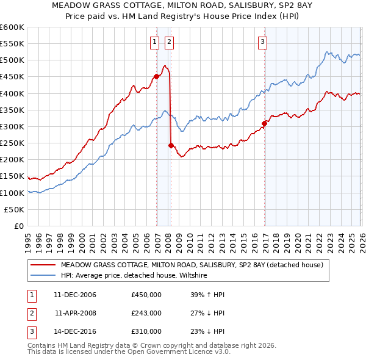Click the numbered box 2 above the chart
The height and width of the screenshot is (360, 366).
tap(168, 42)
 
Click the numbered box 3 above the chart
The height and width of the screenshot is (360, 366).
tap(262, 42)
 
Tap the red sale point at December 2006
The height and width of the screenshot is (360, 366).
tap(156, 76)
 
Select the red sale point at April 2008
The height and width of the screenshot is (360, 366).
tap(171, 145)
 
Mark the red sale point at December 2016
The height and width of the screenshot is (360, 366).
tap(265, 123)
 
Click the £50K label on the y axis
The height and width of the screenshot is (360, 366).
tap(15, 209)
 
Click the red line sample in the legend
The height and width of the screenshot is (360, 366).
tap(43, 265)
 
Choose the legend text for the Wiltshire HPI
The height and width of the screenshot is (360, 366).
tap(134, 275)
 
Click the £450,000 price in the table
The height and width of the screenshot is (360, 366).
tap(146, 295)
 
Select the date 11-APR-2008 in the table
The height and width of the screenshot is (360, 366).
tap(76, 313)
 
